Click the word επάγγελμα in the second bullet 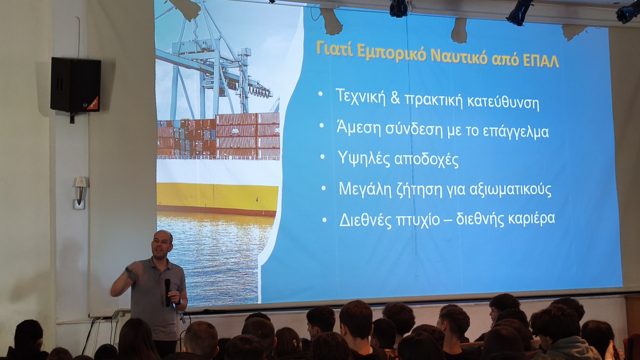pyautogui.click(x=515, y=131)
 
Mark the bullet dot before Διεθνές pyautogui.click(x=324, y=220)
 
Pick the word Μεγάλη pyautogui.click(x=365, y=189)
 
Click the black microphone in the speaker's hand pyautogui.click(x=167, y=292)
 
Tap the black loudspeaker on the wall pyautogui.click(x=75, y=85)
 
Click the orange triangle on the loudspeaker pyautogui.click(x=94, y=104)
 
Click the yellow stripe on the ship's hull pyautogui.click(x=217, y=196)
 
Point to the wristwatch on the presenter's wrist pyautogui.click(x=179, y=301)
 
